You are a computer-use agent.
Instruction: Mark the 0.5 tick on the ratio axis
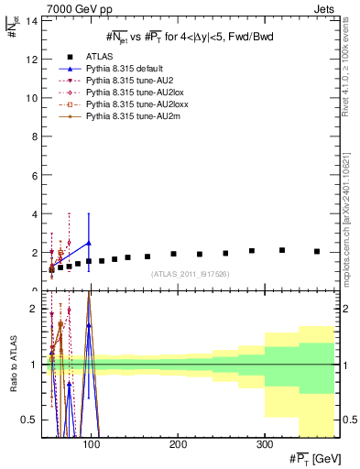29,420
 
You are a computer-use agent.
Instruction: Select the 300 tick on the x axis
264,445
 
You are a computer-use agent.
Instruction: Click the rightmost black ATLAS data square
317,251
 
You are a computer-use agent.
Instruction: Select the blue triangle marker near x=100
89,243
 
